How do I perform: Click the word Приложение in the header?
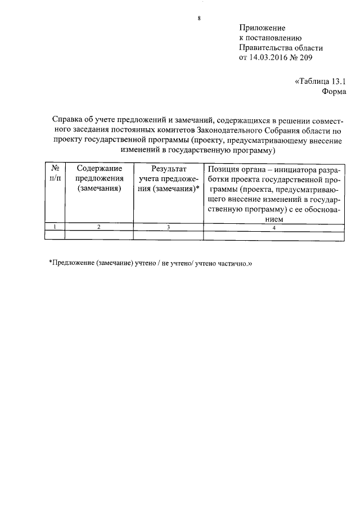tap(262, 28)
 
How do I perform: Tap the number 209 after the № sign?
tap(305, 57)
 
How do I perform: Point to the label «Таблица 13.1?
tap(319, 81)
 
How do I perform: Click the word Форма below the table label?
tap(334, 91)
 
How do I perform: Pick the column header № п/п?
tap(55, 173)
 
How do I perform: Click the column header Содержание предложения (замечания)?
tap(99, 178)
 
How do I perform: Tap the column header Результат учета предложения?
tap(168, 178)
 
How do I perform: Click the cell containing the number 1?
tap(55, 227)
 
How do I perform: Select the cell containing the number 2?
tap(99, 227)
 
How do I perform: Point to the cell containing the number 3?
tap(168, 227)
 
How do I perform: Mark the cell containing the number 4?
tap(273, 227)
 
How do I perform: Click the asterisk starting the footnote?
tap(51, 262)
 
